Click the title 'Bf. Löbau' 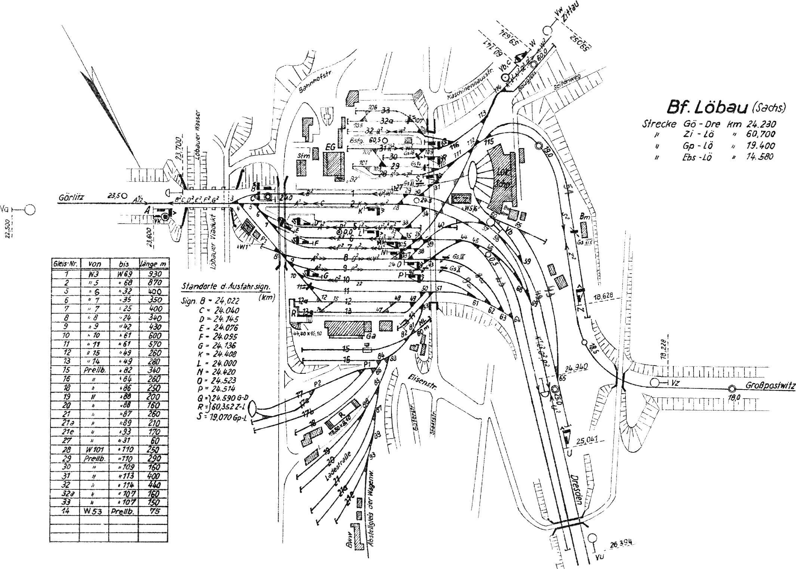(707, 107)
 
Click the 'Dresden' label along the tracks (576, 490)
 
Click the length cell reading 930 (153, 274)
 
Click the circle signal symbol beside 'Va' (30, 210)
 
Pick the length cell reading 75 (154, 511)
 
